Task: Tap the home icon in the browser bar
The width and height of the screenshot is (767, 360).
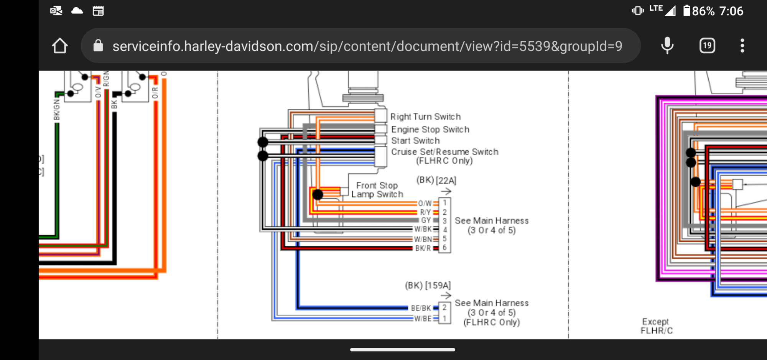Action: pyautogui.click(x=60, y=46)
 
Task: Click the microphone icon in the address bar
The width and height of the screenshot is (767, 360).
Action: pyautogui.click(x=667, y=46)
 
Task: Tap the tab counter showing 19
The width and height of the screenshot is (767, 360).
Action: pyautogui.click(x=707, y=46)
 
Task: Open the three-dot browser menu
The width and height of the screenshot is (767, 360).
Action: pyautogui.click(x=742, y=46)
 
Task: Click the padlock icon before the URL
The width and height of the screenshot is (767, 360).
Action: pyautogui.click(x=98, y=46)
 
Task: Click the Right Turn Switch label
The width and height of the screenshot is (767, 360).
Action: pyautogui.click(x=425, y=117)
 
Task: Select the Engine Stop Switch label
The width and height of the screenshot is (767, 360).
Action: pyautogui.click(x=430, y=130)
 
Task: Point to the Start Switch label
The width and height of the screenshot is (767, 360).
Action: pyautogui.click(x=415, y=141)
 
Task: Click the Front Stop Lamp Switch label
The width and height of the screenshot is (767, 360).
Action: pyautogui.click(x=377, y=190)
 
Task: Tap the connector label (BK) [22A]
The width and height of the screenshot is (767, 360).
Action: pyautogui.click(x=436, y=180)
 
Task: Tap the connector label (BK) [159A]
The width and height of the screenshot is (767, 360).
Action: pyautogui.click(x=428, y=285)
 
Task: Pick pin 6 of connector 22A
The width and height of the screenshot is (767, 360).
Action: pyautogui.click(x=444, y=248)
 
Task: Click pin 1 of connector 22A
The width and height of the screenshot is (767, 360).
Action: pyautogui.click(x=444, y=203)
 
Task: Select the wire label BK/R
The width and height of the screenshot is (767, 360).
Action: pyautogui.click(x=423, y=248)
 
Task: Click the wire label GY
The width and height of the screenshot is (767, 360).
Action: pyautogui.click(x=426, y=220)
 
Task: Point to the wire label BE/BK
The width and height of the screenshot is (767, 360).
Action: pyautogui.click(x=421, y=308)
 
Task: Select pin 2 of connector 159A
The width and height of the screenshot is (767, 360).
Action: pyautogui.click(x=444, y=307)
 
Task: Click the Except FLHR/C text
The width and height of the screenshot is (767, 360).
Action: pyautogui.click(x=656, y=326)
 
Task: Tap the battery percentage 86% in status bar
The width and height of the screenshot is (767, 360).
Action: pyautogui.click(x=703, y=11)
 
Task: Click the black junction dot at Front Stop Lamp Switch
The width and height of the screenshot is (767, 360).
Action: pyautogui.click(x=318, y=194)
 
